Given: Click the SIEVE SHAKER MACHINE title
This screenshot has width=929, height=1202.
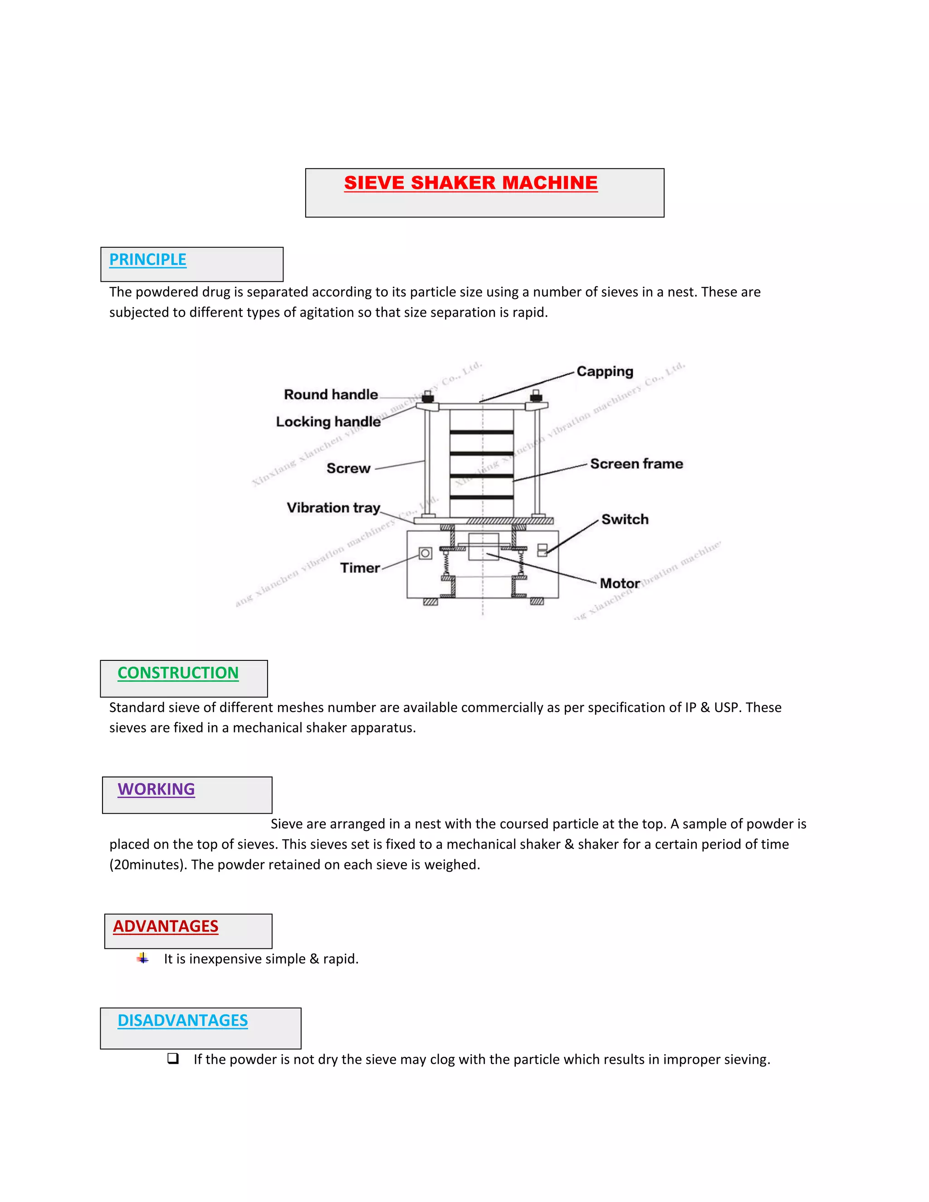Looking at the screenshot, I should click(470, 183).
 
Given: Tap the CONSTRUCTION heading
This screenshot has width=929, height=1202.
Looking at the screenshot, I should click(178, 673).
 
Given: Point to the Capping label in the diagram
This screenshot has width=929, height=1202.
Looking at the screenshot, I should click(604, 371).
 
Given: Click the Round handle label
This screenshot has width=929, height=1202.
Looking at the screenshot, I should click(331, 395).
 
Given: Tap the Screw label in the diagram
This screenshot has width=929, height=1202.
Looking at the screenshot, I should click(348, 469).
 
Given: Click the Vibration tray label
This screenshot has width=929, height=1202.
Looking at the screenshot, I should click(333, 508).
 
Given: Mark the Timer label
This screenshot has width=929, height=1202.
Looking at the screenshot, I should click(360, 568).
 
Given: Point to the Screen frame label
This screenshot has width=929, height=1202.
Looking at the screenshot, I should click(636, 464).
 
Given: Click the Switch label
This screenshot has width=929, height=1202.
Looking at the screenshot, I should click(625, 519).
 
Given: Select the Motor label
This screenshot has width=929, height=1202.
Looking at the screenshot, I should click(620, 583).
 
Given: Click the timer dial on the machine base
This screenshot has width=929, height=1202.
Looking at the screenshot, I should click(425, 553).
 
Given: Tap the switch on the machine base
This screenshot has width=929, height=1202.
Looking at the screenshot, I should click(542, 550).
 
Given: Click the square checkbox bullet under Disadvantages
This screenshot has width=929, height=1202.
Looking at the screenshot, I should click(173, 1058).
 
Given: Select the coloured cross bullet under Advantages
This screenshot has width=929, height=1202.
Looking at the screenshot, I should click(143, 958).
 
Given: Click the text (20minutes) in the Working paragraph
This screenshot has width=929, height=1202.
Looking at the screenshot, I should click(148, 865).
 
